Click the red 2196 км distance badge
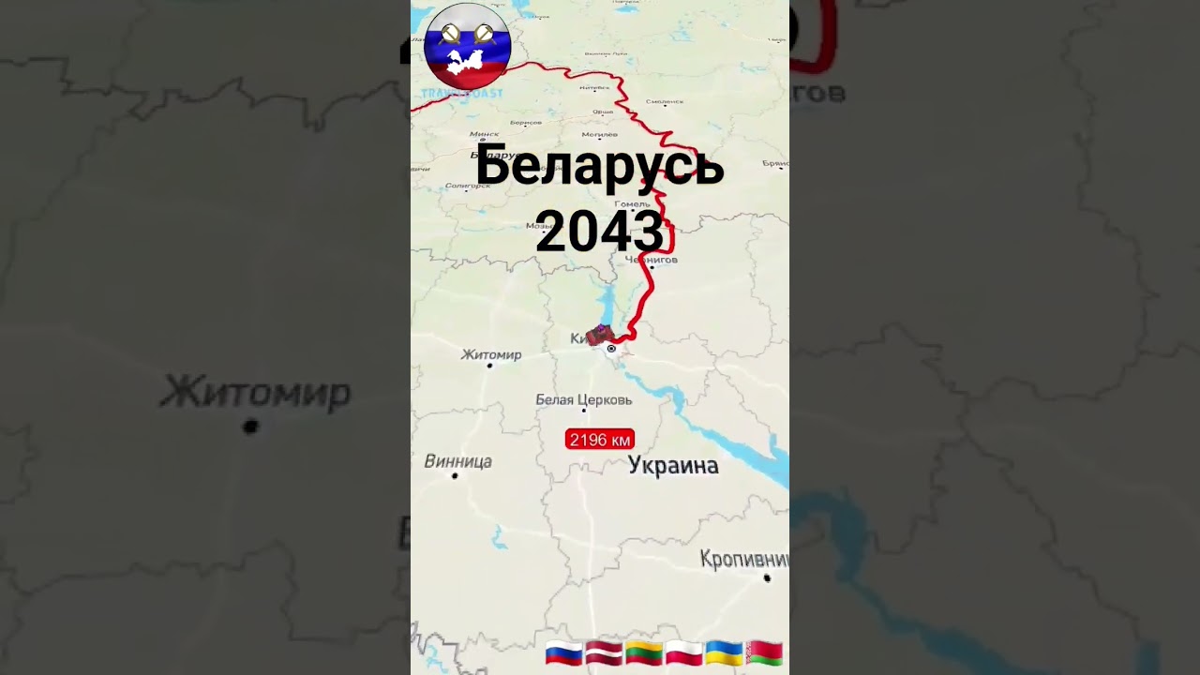pos(600,440)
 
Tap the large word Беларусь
pos(600,167)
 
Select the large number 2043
pos(600,231)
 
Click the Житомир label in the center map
pos(491,354)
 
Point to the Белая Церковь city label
pos(583,399)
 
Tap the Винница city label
pos(457,461)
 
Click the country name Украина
pos(673,465)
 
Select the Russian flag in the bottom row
pos(563,652)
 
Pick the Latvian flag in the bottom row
pos(604,652)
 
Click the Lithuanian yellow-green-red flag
pos(644,652)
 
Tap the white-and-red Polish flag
pos(684,652)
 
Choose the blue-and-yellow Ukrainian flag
pos(724,652)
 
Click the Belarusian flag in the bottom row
pos(764,652)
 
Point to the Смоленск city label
pos(665,101)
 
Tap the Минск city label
pos(484,134)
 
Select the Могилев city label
pos(599,134)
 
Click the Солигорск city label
pos(468,185)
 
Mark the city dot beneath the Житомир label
pos(489,366)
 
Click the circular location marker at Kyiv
pos(611,349)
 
